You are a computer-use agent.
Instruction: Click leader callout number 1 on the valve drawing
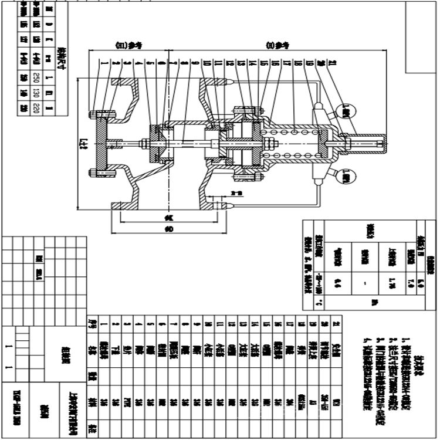click(x=104, y=62)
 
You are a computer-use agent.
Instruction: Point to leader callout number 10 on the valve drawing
click(x=207, y=62)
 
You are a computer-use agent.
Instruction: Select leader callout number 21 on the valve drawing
click(x=333, y=62)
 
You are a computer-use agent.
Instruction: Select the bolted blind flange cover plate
click(x=103, y=143)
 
